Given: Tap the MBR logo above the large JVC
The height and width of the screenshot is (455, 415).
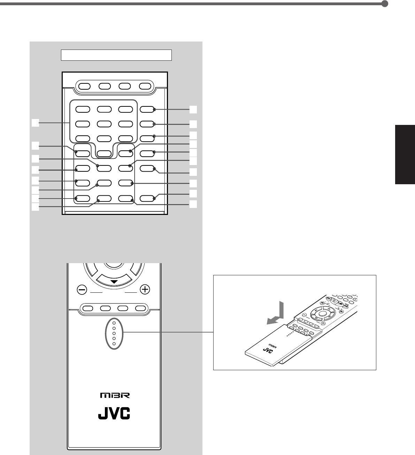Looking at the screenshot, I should [113, 396].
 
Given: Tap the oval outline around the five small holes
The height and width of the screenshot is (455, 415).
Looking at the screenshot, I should [114, 333].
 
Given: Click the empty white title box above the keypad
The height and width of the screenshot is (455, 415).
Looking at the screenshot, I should [116, 55].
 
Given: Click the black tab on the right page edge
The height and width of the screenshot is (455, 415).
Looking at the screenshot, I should [405, 154].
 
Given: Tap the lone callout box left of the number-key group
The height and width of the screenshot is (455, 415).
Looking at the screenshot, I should [35, 122].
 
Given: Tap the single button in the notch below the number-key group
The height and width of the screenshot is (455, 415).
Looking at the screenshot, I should [103, 153].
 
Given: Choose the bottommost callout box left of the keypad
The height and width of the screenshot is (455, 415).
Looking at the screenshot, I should [35, 207].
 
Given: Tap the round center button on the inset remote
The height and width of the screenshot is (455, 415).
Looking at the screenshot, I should [322, 314].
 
